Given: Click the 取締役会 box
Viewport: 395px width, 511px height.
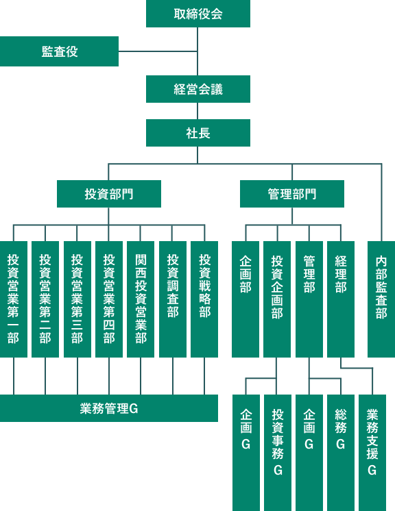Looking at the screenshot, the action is click(x=198, y=14).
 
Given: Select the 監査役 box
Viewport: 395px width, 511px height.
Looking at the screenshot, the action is click(x=59, y=51).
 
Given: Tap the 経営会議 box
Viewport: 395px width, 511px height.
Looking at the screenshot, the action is click(x=198, y=89).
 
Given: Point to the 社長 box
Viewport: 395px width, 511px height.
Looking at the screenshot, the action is click(x=198, y=133).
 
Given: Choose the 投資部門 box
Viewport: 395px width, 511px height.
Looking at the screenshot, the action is click(x=109, y=194).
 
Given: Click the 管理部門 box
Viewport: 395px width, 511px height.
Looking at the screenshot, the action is click(x=292, y=194).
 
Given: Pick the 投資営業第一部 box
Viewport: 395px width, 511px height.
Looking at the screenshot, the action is click(x=14, y=299).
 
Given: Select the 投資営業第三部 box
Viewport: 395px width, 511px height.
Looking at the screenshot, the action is click(x=77, y=299).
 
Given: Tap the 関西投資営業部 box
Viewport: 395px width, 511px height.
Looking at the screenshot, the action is click(x=141, y=299).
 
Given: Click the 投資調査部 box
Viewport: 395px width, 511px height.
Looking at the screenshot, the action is click(x=173, y=299).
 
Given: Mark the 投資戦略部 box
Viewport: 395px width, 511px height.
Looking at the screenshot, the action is click(x=204, y=299).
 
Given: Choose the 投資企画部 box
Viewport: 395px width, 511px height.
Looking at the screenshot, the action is click(x=277, y=299).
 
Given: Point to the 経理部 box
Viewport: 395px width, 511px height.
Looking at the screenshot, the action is click(x=341, y=299).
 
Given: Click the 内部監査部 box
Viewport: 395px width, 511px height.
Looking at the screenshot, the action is click(x=381, y=299).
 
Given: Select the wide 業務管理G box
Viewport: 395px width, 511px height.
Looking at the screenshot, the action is click(x=109, y=408).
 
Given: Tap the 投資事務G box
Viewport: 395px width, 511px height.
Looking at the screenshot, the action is click(x=278, y=453).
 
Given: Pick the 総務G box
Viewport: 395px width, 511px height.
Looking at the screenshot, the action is click(x=341, y=453).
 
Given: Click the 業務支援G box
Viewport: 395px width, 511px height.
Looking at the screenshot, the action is click(x=372, y=453).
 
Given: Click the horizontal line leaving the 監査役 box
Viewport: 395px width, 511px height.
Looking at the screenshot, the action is click(x=158, y=51).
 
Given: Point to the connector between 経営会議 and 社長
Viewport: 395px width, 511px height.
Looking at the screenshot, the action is click(x=197, y=111).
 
